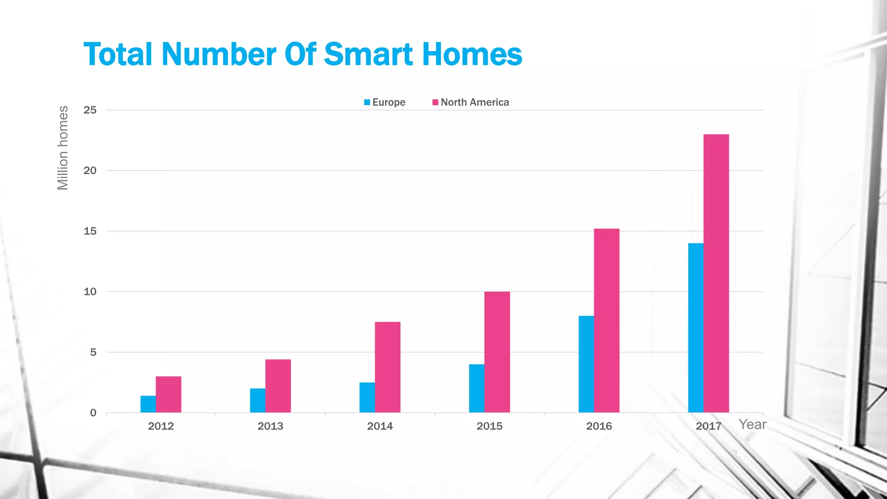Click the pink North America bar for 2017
pos(716,273)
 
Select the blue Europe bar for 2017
pos(696,327)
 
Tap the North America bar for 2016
pos(606,321)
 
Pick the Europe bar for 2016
pos(586,364)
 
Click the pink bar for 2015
pos(497,352)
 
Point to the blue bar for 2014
pos(367,397)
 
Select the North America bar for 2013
pos(278,386)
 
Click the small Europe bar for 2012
pos(148,404)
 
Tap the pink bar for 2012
pos(168,394)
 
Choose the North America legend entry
pos(471,102)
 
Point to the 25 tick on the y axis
pos(90,110)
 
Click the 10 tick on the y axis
pos(90,292)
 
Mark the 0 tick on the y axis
pos(93,413)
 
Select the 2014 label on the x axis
pos(380,426)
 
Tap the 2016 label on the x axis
pos(599,426)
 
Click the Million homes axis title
pos(63,148)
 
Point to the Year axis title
pos(752,424)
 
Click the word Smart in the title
pos(368,54)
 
